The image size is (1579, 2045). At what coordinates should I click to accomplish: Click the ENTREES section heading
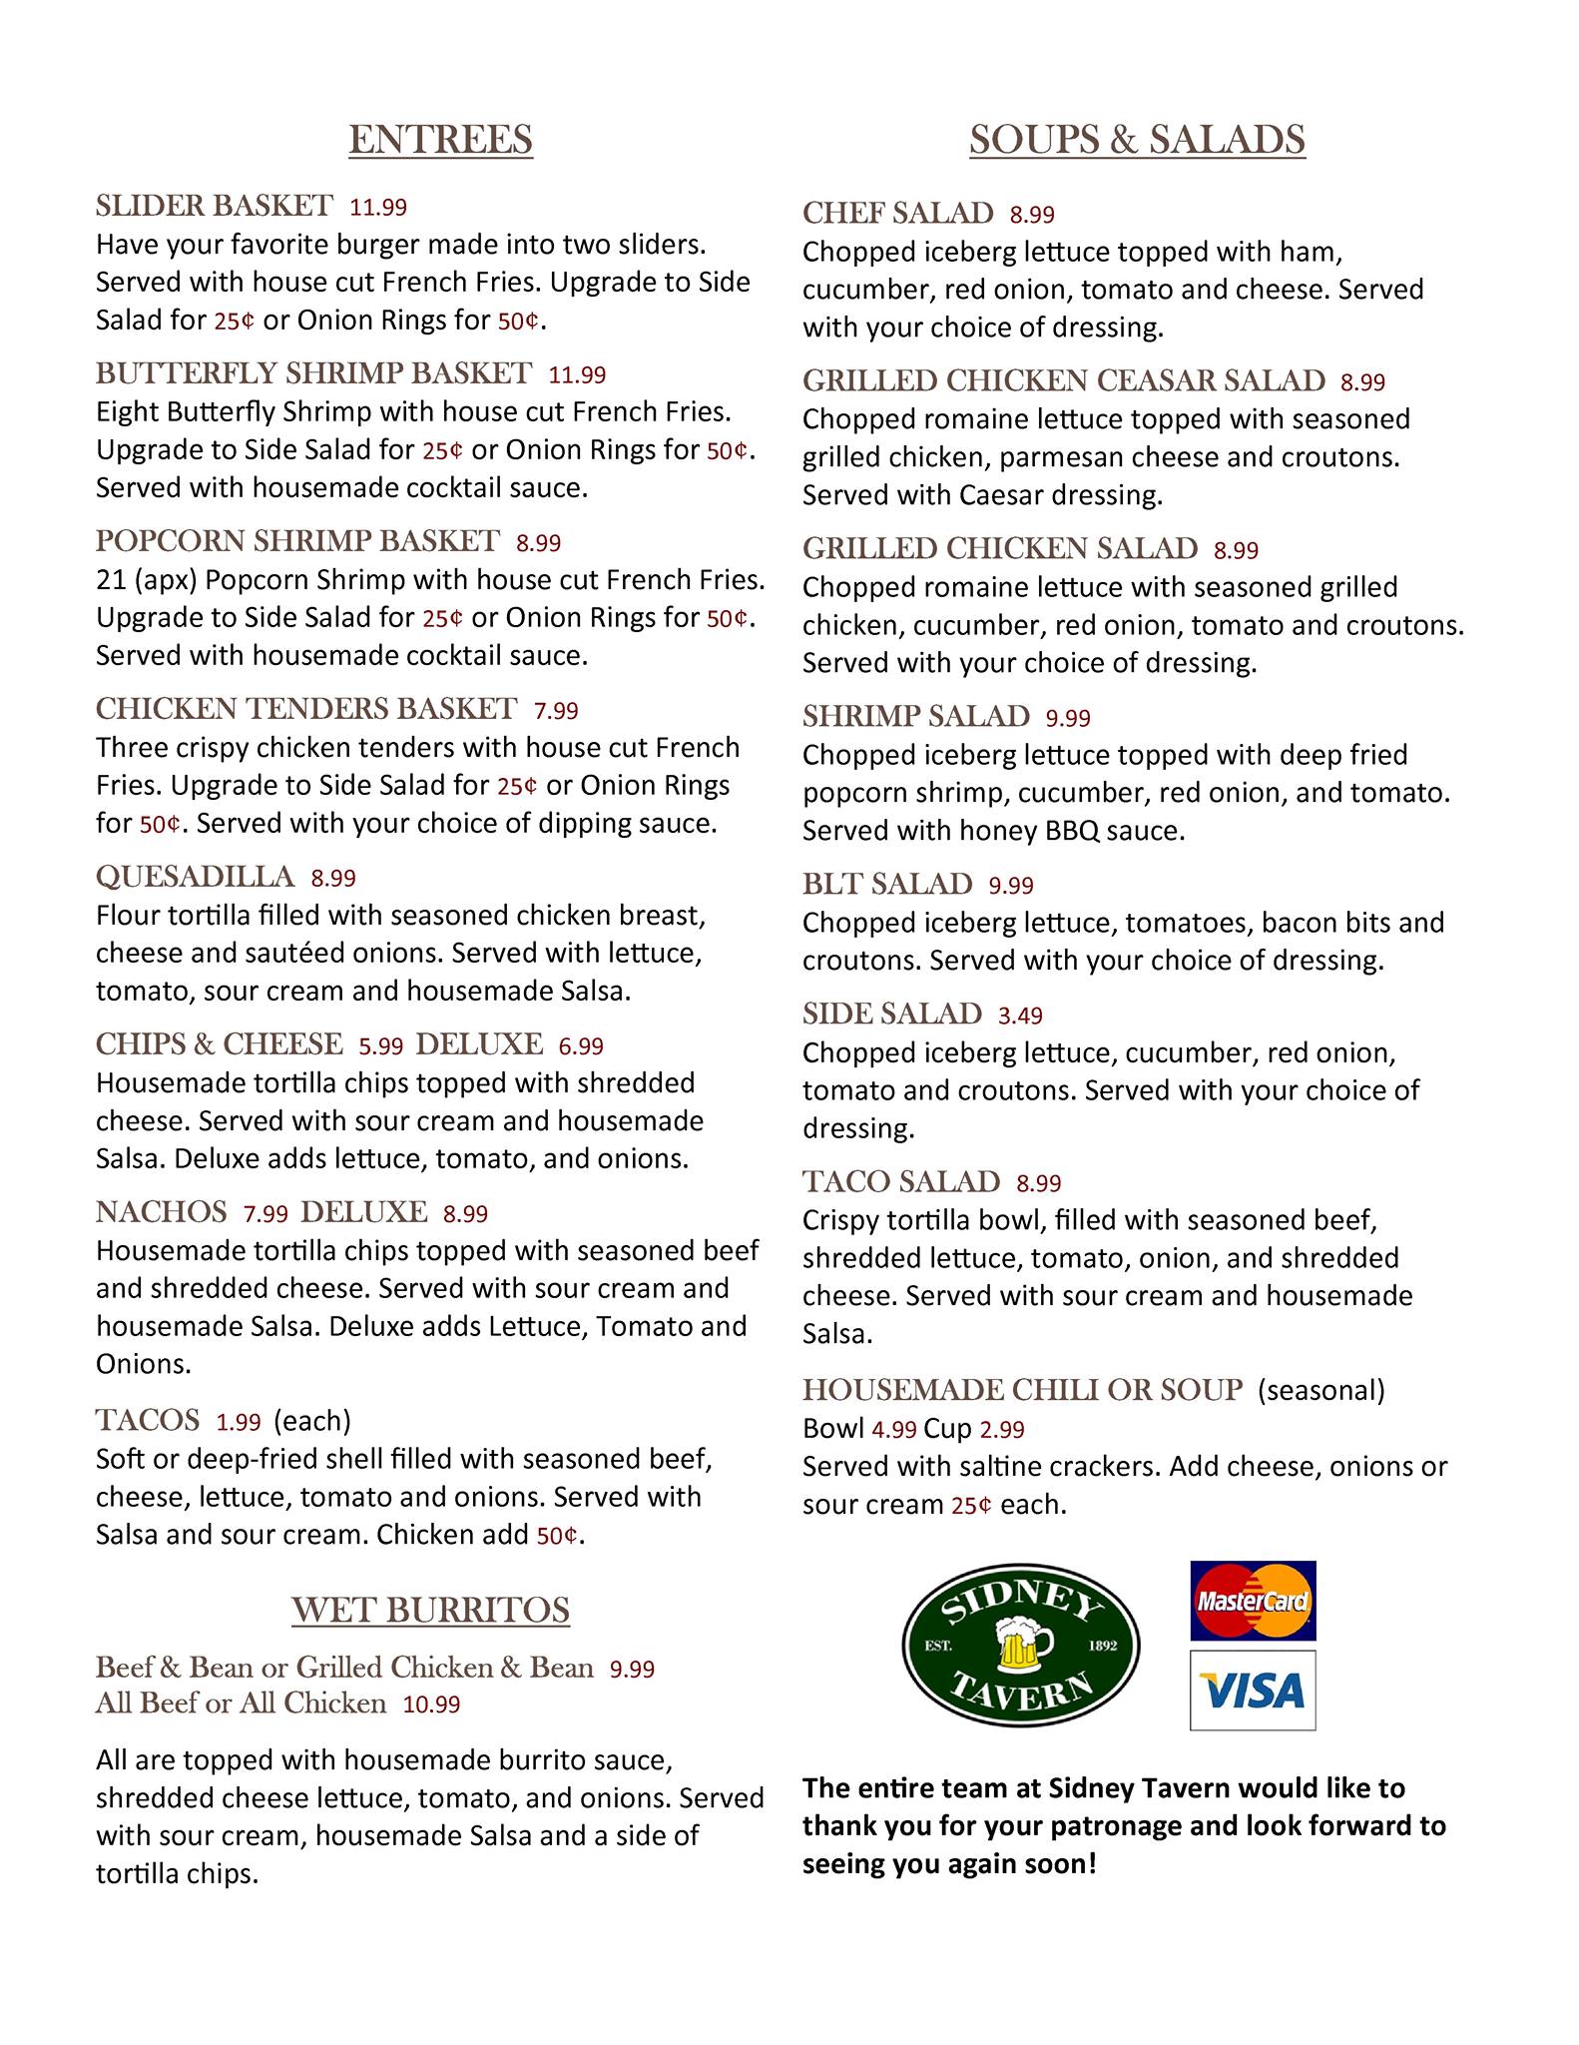click(440, 140)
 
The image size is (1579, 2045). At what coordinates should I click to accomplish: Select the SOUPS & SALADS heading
click(1137, 140)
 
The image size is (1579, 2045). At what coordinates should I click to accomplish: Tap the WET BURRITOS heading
click(430, 1611)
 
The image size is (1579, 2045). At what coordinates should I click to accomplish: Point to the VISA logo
click(1253, 1691)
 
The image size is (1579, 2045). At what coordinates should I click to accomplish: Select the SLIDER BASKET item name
click(214, 206)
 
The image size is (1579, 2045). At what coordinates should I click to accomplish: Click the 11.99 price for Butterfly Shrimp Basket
click(578, 374)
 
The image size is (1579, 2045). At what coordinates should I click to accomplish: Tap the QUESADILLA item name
click(195, 877)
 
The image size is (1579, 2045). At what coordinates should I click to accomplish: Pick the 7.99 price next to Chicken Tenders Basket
click(556, 710)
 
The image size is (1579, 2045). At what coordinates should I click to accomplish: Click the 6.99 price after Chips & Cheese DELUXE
click(581, 1045)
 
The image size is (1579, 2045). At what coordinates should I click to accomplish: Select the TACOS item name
click(148, 1419)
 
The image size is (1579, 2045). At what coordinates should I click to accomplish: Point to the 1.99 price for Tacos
click(239, 1421)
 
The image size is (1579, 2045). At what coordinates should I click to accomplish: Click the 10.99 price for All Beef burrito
click(431, 1704)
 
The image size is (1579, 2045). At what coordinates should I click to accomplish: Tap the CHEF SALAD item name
click(897, 213)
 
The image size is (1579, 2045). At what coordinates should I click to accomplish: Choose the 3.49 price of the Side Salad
click(1020, 1016)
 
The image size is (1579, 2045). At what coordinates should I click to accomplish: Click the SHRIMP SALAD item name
click(915, 716)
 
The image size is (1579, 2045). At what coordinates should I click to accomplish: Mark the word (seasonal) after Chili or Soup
click(1320, 1389)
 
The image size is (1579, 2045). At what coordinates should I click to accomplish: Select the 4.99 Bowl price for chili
click(893, 1430)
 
